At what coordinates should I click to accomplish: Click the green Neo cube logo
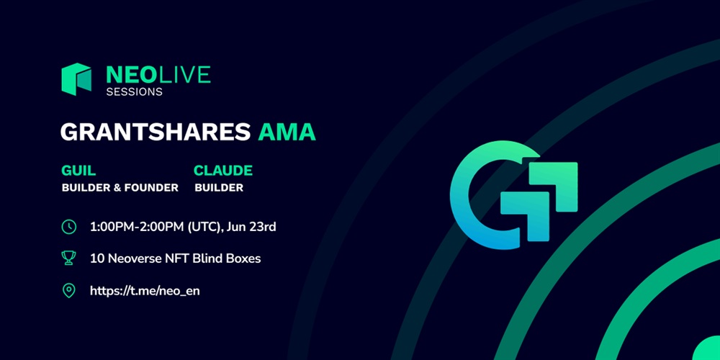click(x=76, y=79)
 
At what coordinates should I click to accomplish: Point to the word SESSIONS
click(x=134, y=92)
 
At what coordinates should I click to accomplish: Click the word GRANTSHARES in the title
click(x=156, y=132)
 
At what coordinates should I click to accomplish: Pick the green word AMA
click(x=287, y=132)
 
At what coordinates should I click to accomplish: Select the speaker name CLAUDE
click(x=223, y=171)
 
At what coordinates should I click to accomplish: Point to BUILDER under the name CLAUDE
click(x=219, y=188)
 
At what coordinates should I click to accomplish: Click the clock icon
click(x=69, y=227)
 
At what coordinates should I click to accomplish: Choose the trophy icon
click(x=69, y=258)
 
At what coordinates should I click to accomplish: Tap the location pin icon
click(x=69, y=291)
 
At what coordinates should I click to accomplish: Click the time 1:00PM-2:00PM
click(x=136, y=227)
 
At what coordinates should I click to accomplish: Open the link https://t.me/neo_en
click(x=145, y=291)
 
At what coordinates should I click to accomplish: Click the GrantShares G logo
click(x=513, y=195)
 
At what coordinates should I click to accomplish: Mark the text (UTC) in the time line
click(x=204, y=227)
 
